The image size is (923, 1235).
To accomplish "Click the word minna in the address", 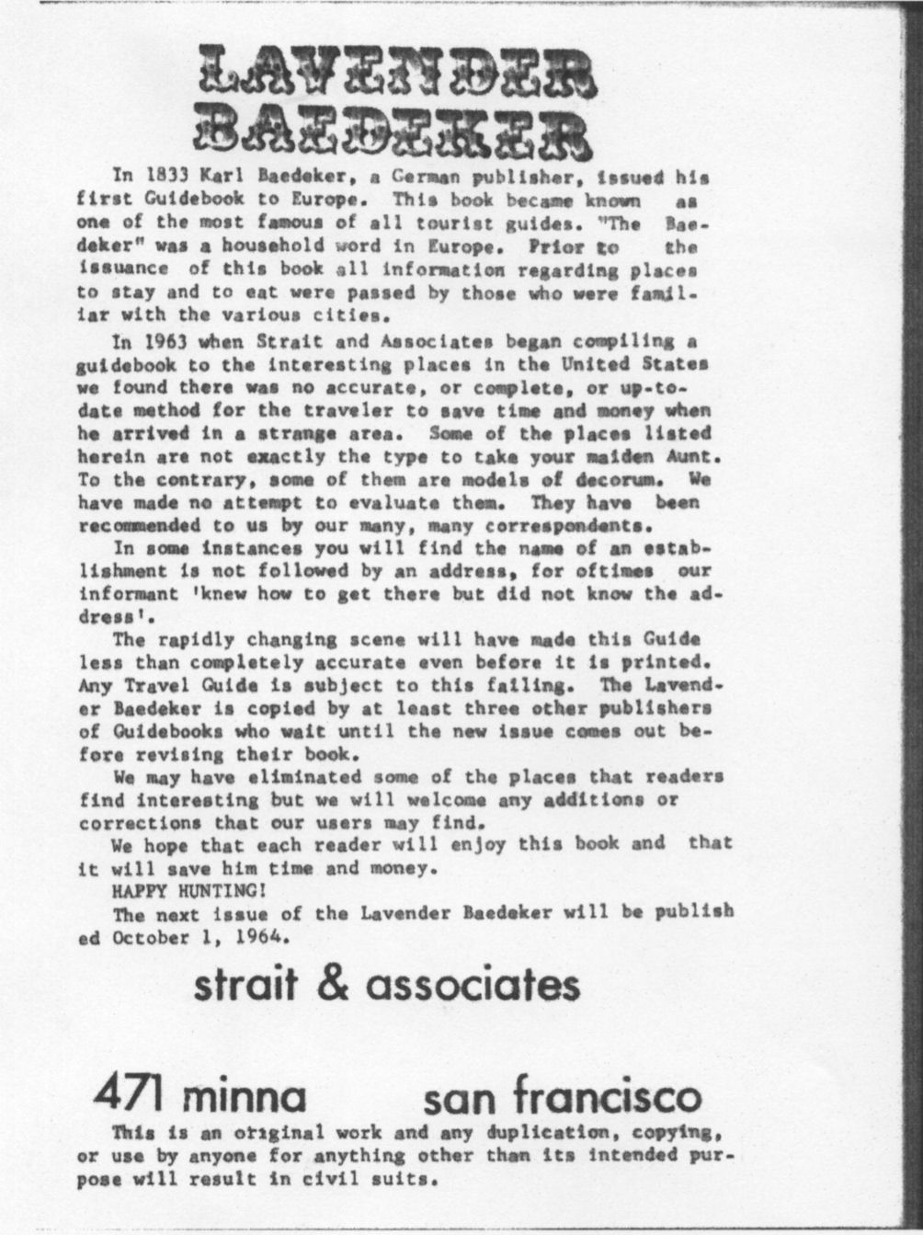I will coord(244,1096).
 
